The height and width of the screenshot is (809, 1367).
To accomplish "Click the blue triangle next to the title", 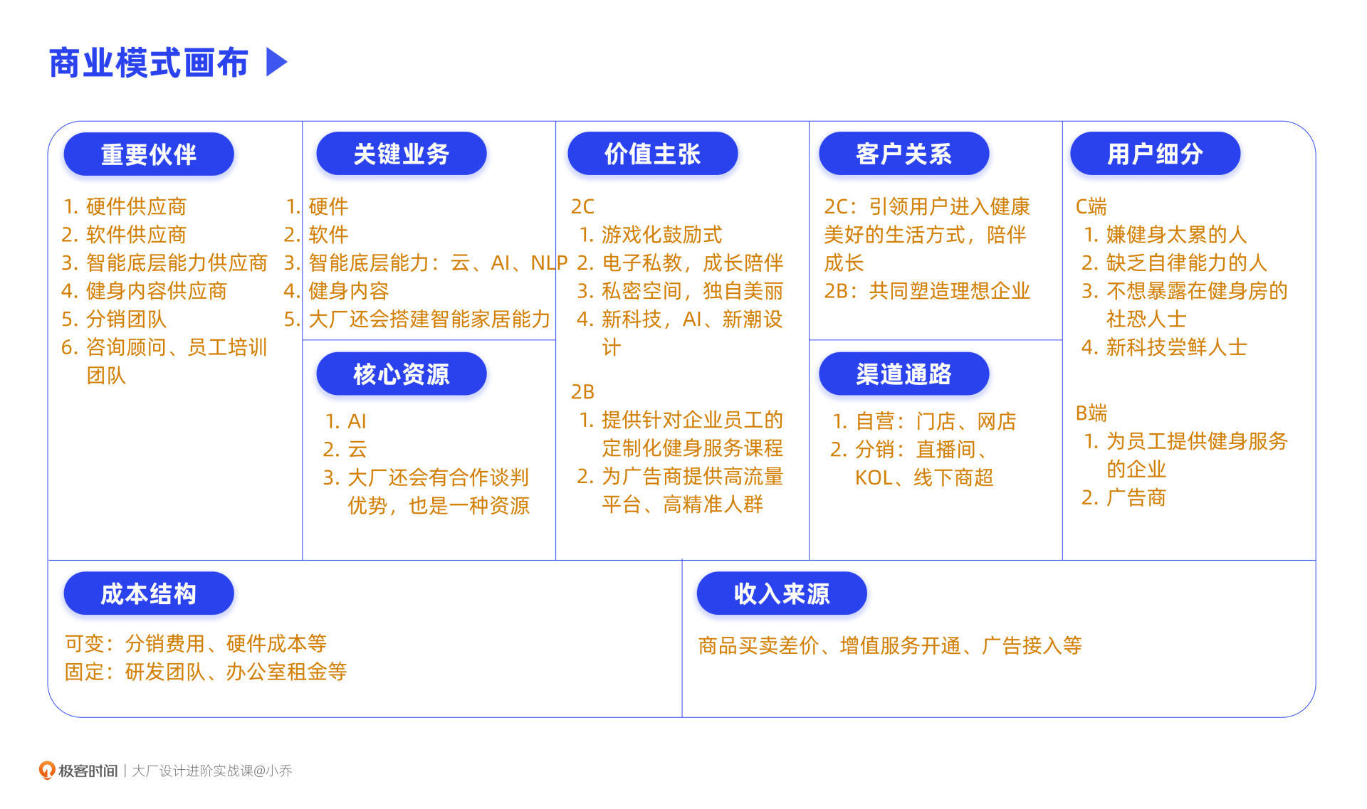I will [276, 62].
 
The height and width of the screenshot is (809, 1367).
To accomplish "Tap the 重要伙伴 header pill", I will [149, 154].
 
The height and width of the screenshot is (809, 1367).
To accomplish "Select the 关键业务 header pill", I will [401, 154].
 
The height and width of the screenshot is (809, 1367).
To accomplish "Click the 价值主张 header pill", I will [652, 154].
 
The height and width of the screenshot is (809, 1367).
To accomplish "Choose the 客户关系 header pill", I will [904, 154].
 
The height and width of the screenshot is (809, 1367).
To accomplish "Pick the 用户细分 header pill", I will [1155, 154].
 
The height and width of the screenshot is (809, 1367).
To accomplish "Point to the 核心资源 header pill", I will [401, 374].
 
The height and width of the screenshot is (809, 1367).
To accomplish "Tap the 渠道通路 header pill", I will [904, 374].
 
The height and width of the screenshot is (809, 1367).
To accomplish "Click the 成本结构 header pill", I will [149, 593].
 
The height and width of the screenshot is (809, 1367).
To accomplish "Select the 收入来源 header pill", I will [782, 593].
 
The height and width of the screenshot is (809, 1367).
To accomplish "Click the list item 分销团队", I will [125, 319].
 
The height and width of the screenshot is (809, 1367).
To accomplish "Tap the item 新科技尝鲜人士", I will [1175, 347].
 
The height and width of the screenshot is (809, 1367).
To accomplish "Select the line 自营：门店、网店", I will [934, 421].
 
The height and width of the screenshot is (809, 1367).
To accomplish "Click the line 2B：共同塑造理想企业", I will [927, 291].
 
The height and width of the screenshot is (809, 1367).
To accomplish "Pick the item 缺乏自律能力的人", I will [1185, 263].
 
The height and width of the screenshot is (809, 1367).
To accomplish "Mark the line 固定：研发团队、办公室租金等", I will [206, 672].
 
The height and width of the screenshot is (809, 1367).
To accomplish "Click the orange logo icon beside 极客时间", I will [47, 770].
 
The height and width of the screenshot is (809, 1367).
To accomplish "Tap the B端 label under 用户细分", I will [1091, 413].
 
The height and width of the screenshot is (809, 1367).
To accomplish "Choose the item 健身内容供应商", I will [156, 291].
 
